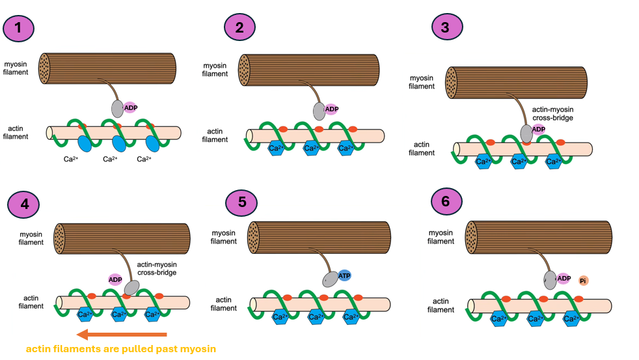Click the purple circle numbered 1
coord(19,28)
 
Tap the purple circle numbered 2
coord(239,28)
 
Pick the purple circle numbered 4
coord(24,204)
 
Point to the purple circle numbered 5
coord(242,202)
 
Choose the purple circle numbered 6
coord(446,202)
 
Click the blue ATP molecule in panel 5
coord(344,275)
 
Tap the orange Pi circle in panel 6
coord(583,281)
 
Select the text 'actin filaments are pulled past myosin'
coord(120,350)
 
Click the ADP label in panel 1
coord(130,107)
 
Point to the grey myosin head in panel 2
coord(319,111)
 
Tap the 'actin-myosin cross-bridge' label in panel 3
coord(551,115)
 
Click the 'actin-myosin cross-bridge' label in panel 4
coord(158,269)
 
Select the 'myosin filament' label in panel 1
coord(16,67)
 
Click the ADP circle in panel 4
coord(115,280)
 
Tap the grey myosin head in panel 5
coord(331,279)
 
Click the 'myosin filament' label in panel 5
coord(224,237)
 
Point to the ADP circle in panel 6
coord(564,279)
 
